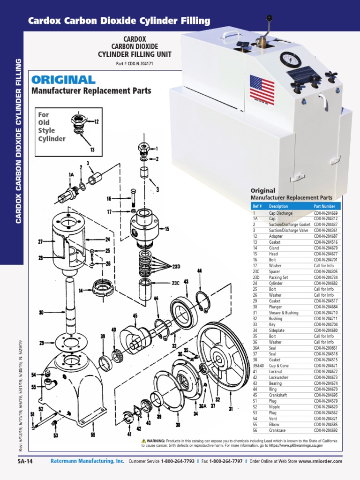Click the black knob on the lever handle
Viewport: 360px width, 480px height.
(x=270, y=18)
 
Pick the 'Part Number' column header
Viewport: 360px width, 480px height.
(x=324, y=206)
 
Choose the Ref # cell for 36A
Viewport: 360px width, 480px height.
(x=256, y=348)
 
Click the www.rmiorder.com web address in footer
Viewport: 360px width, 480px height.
(x=320, y=461)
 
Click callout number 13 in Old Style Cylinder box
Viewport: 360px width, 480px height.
(x=92, y=150)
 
